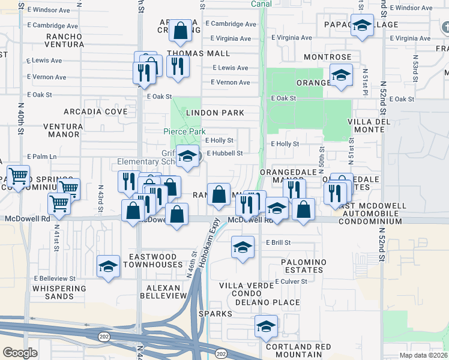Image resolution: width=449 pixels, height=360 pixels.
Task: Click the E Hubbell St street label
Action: [224, 153]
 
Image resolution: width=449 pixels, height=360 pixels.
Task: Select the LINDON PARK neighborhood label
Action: [215, 113]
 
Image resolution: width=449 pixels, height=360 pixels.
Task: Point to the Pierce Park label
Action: [184, 131]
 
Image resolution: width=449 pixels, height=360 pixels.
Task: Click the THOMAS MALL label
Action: [190, 53]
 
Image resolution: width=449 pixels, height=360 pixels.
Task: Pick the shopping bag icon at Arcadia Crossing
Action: [180, 30]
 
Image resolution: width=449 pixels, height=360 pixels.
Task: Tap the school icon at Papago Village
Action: [361, 26]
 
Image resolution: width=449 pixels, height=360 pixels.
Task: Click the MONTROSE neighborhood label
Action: [327, 56]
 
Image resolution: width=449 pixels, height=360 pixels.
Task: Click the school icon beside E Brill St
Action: [243, 247]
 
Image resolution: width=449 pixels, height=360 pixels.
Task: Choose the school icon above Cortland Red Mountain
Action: [266, 326]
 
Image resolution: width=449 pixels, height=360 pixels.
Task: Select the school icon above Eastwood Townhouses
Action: [108, 266]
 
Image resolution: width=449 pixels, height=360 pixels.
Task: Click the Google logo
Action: [20, 353]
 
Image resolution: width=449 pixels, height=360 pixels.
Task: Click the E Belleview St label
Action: [55, 278]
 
